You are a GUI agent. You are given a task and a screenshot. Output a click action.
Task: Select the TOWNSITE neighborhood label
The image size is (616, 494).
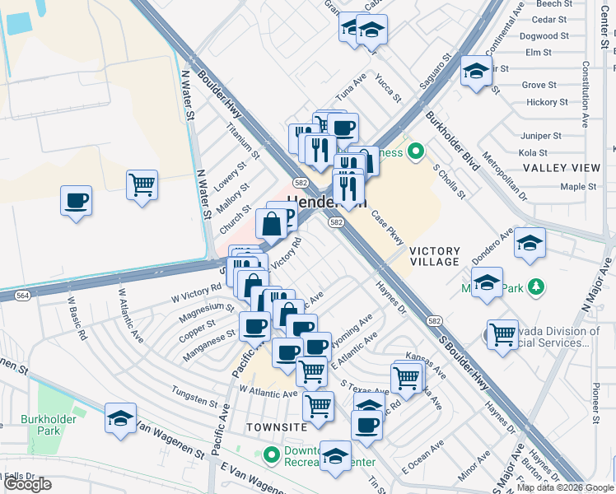click(276, 426)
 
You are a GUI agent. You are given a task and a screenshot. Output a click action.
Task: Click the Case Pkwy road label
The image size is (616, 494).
click(387, 229)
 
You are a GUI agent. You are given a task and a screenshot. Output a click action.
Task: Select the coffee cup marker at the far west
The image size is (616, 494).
click(76, 199)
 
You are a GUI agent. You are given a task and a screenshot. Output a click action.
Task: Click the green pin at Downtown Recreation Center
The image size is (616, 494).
click(272, 454)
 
